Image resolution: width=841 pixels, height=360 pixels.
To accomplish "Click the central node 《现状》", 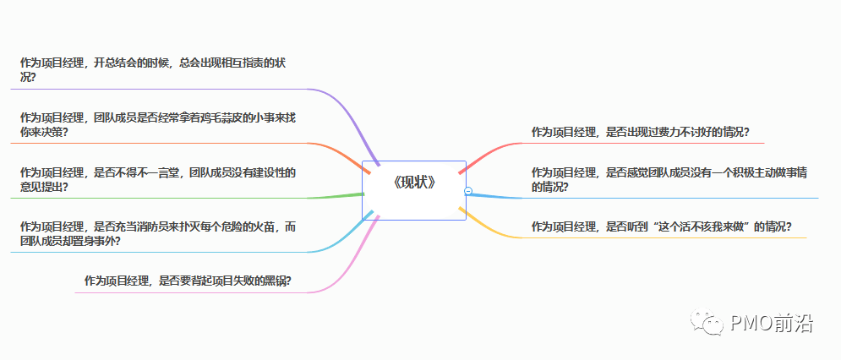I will [414, 182].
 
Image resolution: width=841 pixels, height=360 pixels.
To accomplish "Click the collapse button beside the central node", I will [468, 191].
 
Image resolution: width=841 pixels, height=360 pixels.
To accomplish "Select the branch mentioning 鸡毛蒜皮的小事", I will [157, 125].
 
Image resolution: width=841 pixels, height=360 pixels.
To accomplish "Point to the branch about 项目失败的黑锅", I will [188, 281].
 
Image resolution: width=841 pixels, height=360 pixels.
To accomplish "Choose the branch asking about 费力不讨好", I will [641, 132].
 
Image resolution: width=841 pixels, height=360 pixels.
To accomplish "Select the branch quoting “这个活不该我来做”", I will [661, 226].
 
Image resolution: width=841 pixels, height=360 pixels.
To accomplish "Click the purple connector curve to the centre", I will [351, 118].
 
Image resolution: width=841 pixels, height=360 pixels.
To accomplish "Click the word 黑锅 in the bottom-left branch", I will [276, 281].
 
